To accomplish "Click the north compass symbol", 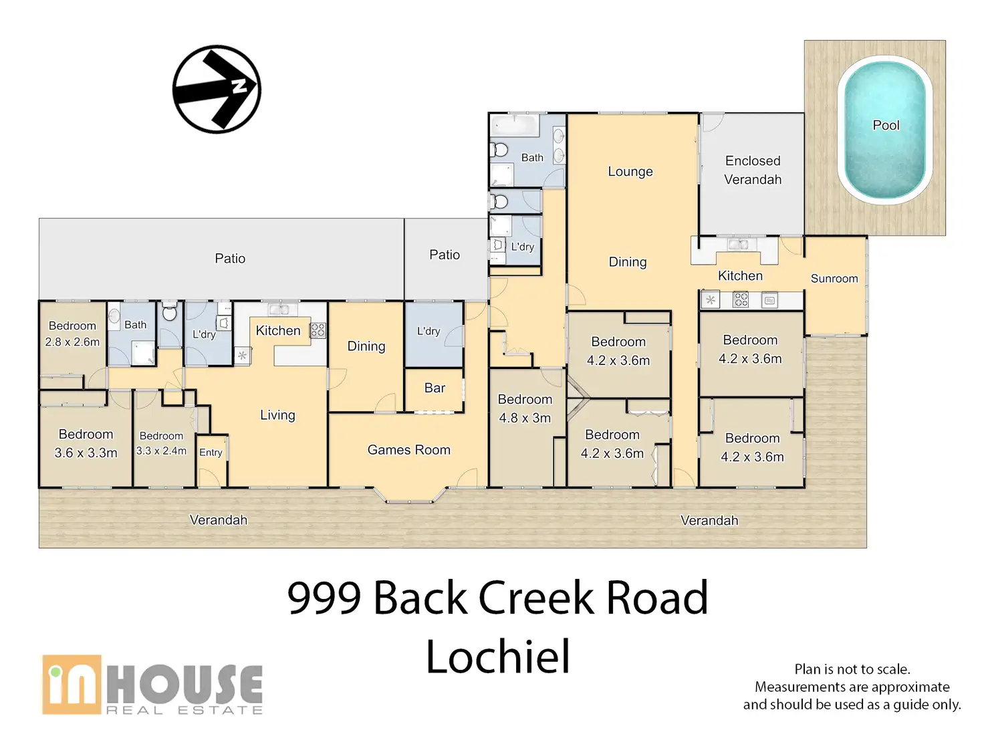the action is (x=217, y=89).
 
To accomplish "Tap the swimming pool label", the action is (x=885, y=125).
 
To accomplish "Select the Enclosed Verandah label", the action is (x=752, y=170).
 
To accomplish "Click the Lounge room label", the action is (x=630, y=172).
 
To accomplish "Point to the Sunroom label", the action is (x=834, y=278).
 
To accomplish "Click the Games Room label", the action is (x=408, y=449).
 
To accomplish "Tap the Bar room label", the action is (x=435, y=388).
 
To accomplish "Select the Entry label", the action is (x=211, y=453).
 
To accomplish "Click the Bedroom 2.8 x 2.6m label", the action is (x=72, y=334).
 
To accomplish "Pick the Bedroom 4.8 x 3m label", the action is (x=525, y=408).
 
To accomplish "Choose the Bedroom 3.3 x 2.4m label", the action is (x=161, y=443).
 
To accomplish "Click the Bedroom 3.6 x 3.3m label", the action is (x=86, y=443).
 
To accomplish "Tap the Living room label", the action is (x=277, y=415).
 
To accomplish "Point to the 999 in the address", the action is (x=324, y=598).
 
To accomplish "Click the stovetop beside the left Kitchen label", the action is (x=318, y=331).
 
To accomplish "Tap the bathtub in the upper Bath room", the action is (x=515, y=126).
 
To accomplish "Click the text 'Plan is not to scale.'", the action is (x=852, y=669).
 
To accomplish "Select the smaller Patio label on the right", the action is (x=445, y=255).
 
